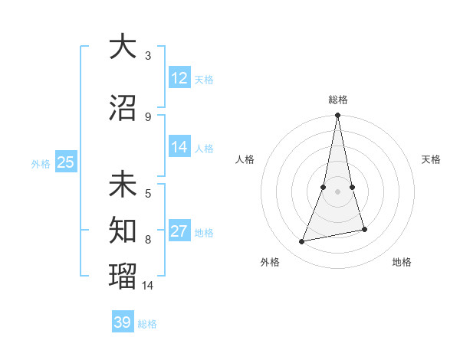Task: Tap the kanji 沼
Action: click(x=123, y=108)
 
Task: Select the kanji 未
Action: click(x=123, y=185)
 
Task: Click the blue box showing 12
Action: click(x=179, y=78)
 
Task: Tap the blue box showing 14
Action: click(x=179, y=147)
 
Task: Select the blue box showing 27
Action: click(x=179, y=231)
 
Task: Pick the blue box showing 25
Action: click(x=66, y=162)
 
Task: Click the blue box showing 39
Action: click(x=123, y=322)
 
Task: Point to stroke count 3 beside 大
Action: click(x=148, y=56)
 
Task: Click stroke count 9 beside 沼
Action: click(x=148, y=116)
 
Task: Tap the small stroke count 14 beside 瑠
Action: click(x=148, y=285)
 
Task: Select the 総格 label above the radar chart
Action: click(x=337, y=100)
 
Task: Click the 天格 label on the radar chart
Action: click(x=431, y=159)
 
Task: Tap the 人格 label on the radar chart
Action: click(x=245, y=159)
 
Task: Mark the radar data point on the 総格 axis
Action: click(x=337, y=116)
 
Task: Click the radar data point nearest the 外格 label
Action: click(x=302, y=241)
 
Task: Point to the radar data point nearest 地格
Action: click(x=364, y=229)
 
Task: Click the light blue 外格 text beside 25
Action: click(x=40, y=163)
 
